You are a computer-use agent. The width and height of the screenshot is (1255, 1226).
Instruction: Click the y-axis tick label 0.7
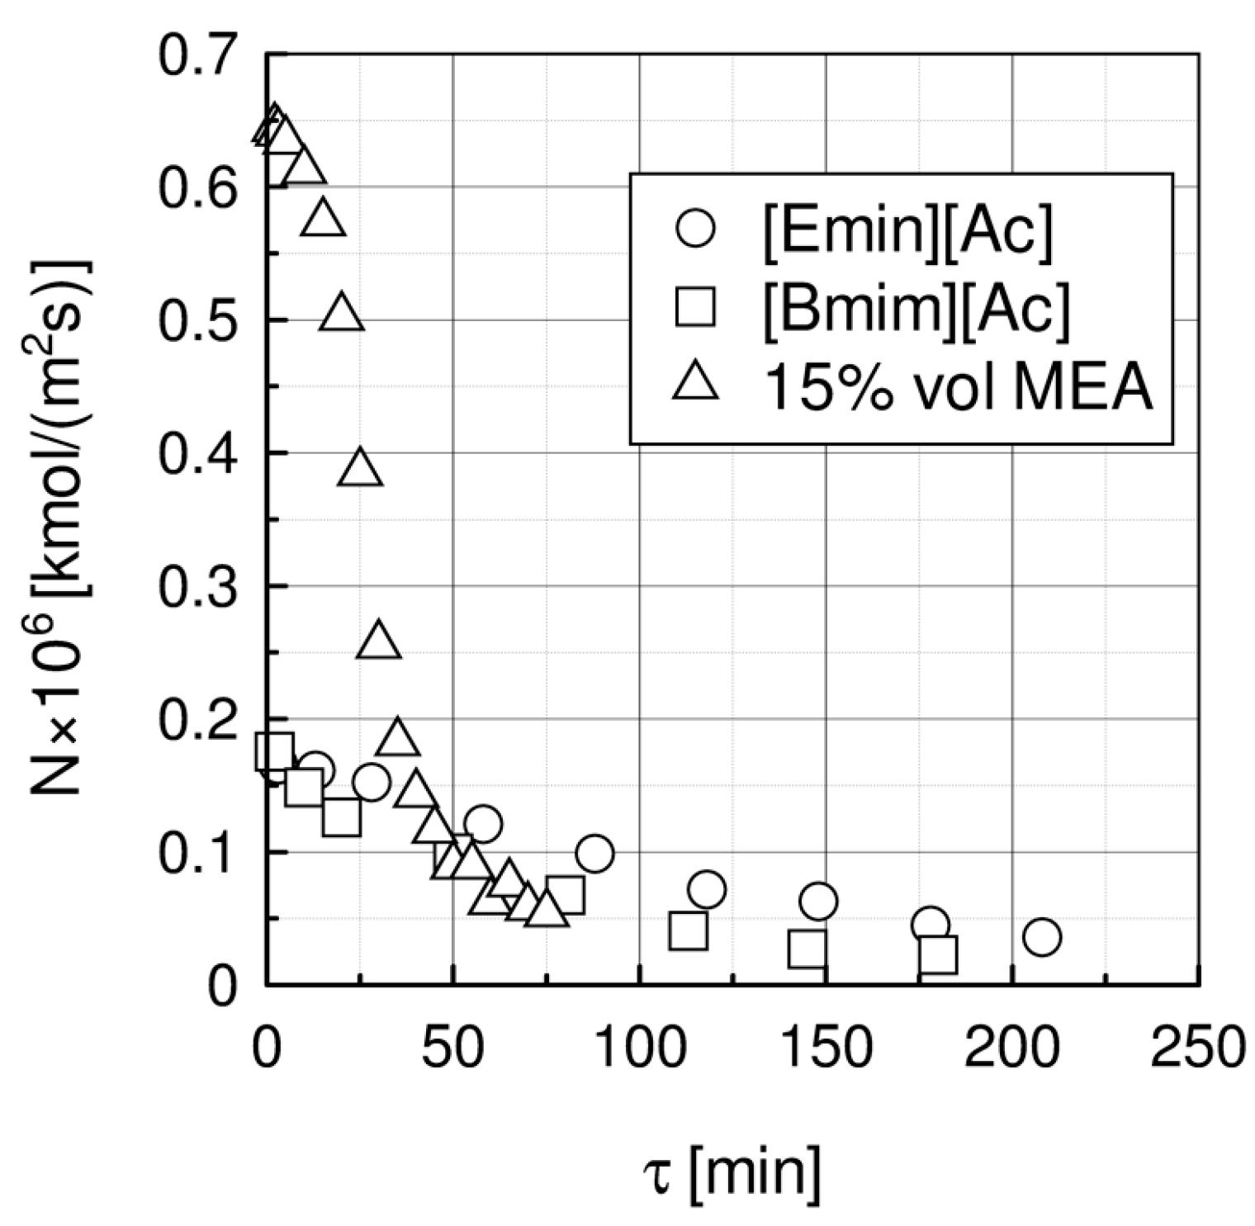197,56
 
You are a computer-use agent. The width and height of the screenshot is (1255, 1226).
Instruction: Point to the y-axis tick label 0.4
197,453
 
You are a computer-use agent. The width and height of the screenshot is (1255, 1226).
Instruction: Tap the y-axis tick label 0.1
197,853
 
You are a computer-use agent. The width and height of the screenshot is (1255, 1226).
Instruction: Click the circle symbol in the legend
694,228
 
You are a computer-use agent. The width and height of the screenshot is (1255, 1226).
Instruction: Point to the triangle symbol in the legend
695,383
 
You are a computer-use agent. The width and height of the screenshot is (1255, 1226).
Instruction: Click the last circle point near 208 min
1042,937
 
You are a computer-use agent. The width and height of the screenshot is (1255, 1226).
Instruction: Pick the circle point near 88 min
594,854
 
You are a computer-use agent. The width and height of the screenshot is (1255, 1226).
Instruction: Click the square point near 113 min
688,931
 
